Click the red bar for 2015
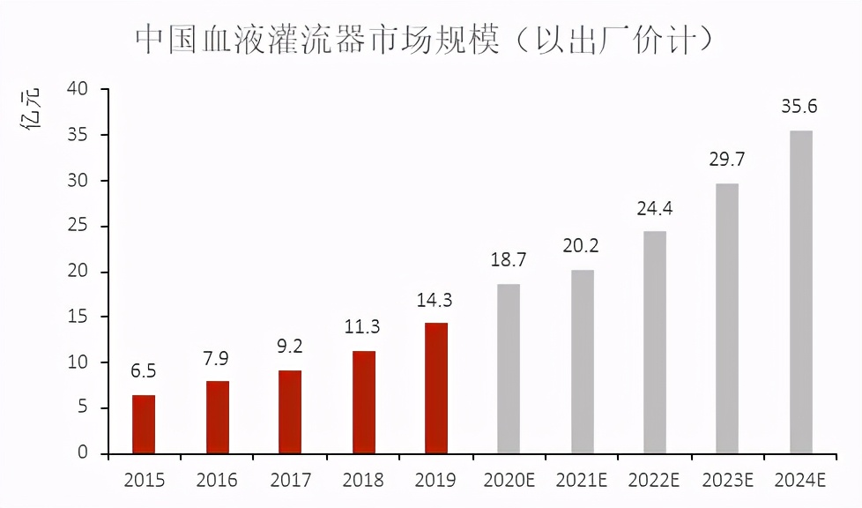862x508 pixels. tap(144, 424)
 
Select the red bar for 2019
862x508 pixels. tap(435, 388)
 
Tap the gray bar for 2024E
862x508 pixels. tap(800, 292)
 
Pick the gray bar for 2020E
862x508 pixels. tap(509, 369)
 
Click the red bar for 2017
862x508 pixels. tap(290, 412)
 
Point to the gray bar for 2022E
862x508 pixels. tap(655, 342)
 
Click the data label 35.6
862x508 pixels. tap(799, 108)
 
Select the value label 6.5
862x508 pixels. tap(144, 372)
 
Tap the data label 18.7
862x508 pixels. tap(509, 260)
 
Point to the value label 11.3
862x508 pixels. tap(363, 328)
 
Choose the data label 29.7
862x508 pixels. tap(727, 160)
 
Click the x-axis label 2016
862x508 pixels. tap(217, 481)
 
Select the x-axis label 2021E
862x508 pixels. tap(581, 481)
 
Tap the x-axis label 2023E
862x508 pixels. tap(727, 481)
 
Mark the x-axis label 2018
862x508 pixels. tap(363, 481)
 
